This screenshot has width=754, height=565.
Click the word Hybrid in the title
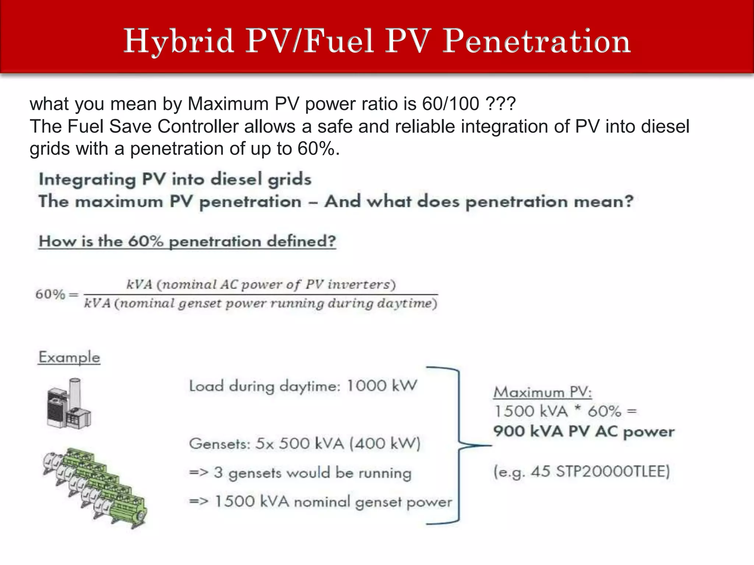179,42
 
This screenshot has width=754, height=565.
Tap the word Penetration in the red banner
536,42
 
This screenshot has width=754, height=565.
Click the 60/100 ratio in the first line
451,104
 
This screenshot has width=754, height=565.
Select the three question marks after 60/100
501,104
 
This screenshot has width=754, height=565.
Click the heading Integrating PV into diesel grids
175,180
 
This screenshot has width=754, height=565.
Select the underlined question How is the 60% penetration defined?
187,241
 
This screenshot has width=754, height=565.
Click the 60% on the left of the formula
50,294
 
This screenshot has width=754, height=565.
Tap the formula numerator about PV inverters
261,284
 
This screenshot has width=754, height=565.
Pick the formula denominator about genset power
261,304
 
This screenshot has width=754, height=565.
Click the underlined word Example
69,357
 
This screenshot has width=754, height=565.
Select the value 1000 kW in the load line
382,386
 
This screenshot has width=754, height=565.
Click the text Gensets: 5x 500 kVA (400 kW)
304,444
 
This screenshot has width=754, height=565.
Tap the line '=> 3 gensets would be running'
300,473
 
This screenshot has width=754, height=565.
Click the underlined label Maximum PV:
542,392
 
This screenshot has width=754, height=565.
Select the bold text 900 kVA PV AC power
584,432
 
